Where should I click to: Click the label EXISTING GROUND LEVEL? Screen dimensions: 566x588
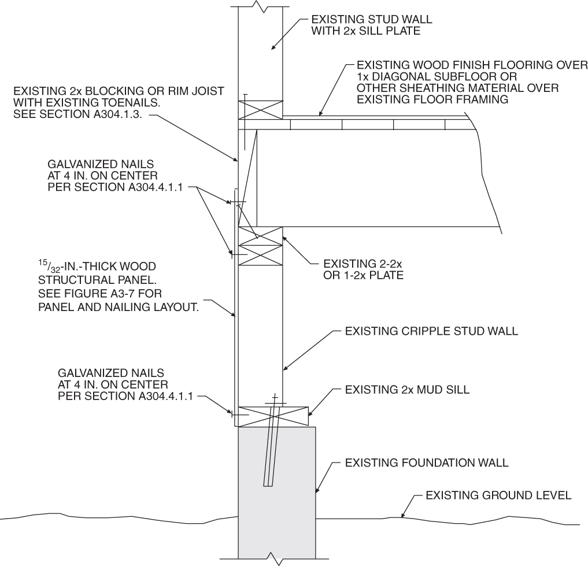(x=498, y=495)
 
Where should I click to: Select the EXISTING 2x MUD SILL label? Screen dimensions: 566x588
(x=407, y=390)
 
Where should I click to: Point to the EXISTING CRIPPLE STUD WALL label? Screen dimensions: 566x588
(x=431, y=332)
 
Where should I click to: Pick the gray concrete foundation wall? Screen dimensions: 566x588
(x=277, y=491)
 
